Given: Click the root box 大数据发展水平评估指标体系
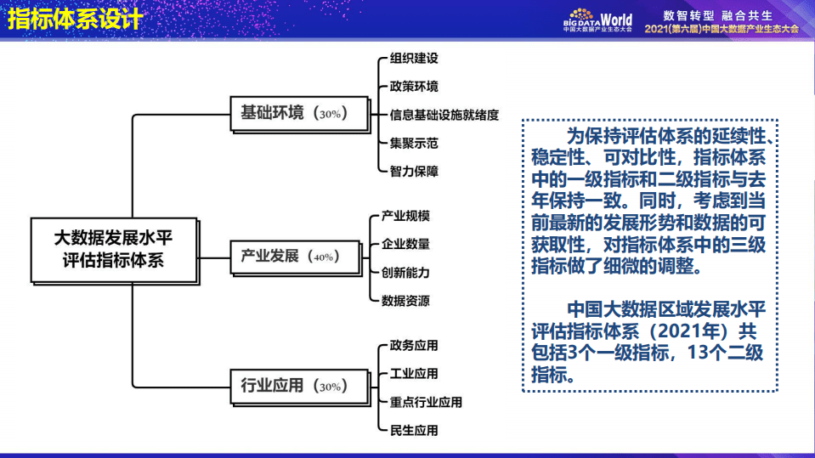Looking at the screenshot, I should (113, 249).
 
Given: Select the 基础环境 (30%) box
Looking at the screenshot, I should (301, 112).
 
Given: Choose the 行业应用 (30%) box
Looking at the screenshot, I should (301, 386).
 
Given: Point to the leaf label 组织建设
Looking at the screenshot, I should (414, 59).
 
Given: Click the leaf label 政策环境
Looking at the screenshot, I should (414, 87).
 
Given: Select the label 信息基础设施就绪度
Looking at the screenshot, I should (444, 115).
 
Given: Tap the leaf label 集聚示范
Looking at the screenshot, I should (414, 143).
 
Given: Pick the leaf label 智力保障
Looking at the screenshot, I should (414, 171).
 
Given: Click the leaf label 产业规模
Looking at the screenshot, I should (405, 216).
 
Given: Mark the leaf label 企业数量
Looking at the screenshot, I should (405, 244).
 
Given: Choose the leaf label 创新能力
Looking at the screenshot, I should (405, 272).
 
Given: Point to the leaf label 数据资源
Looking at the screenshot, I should (405, 300).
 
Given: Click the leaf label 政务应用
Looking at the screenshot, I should (414, 345).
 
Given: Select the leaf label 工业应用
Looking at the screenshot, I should (414, 373).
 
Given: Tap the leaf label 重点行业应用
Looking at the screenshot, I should (426, 402).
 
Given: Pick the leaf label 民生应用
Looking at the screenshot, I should (414, 430).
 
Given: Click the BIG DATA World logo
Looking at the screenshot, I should (597, 20).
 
